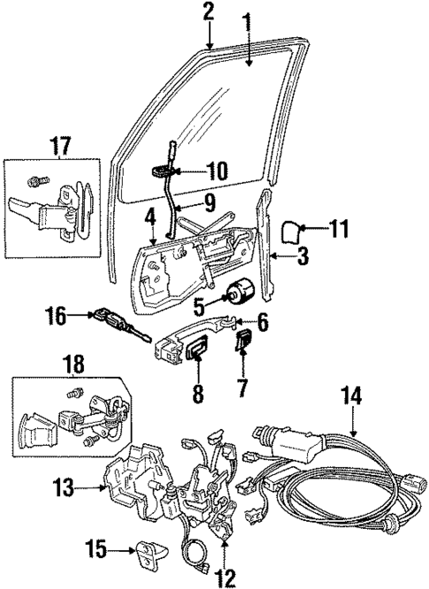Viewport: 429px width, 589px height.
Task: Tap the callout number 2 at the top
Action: [x=208, y=11]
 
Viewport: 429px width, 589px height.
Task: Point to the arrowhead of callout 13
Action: [x=104, y=486]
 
